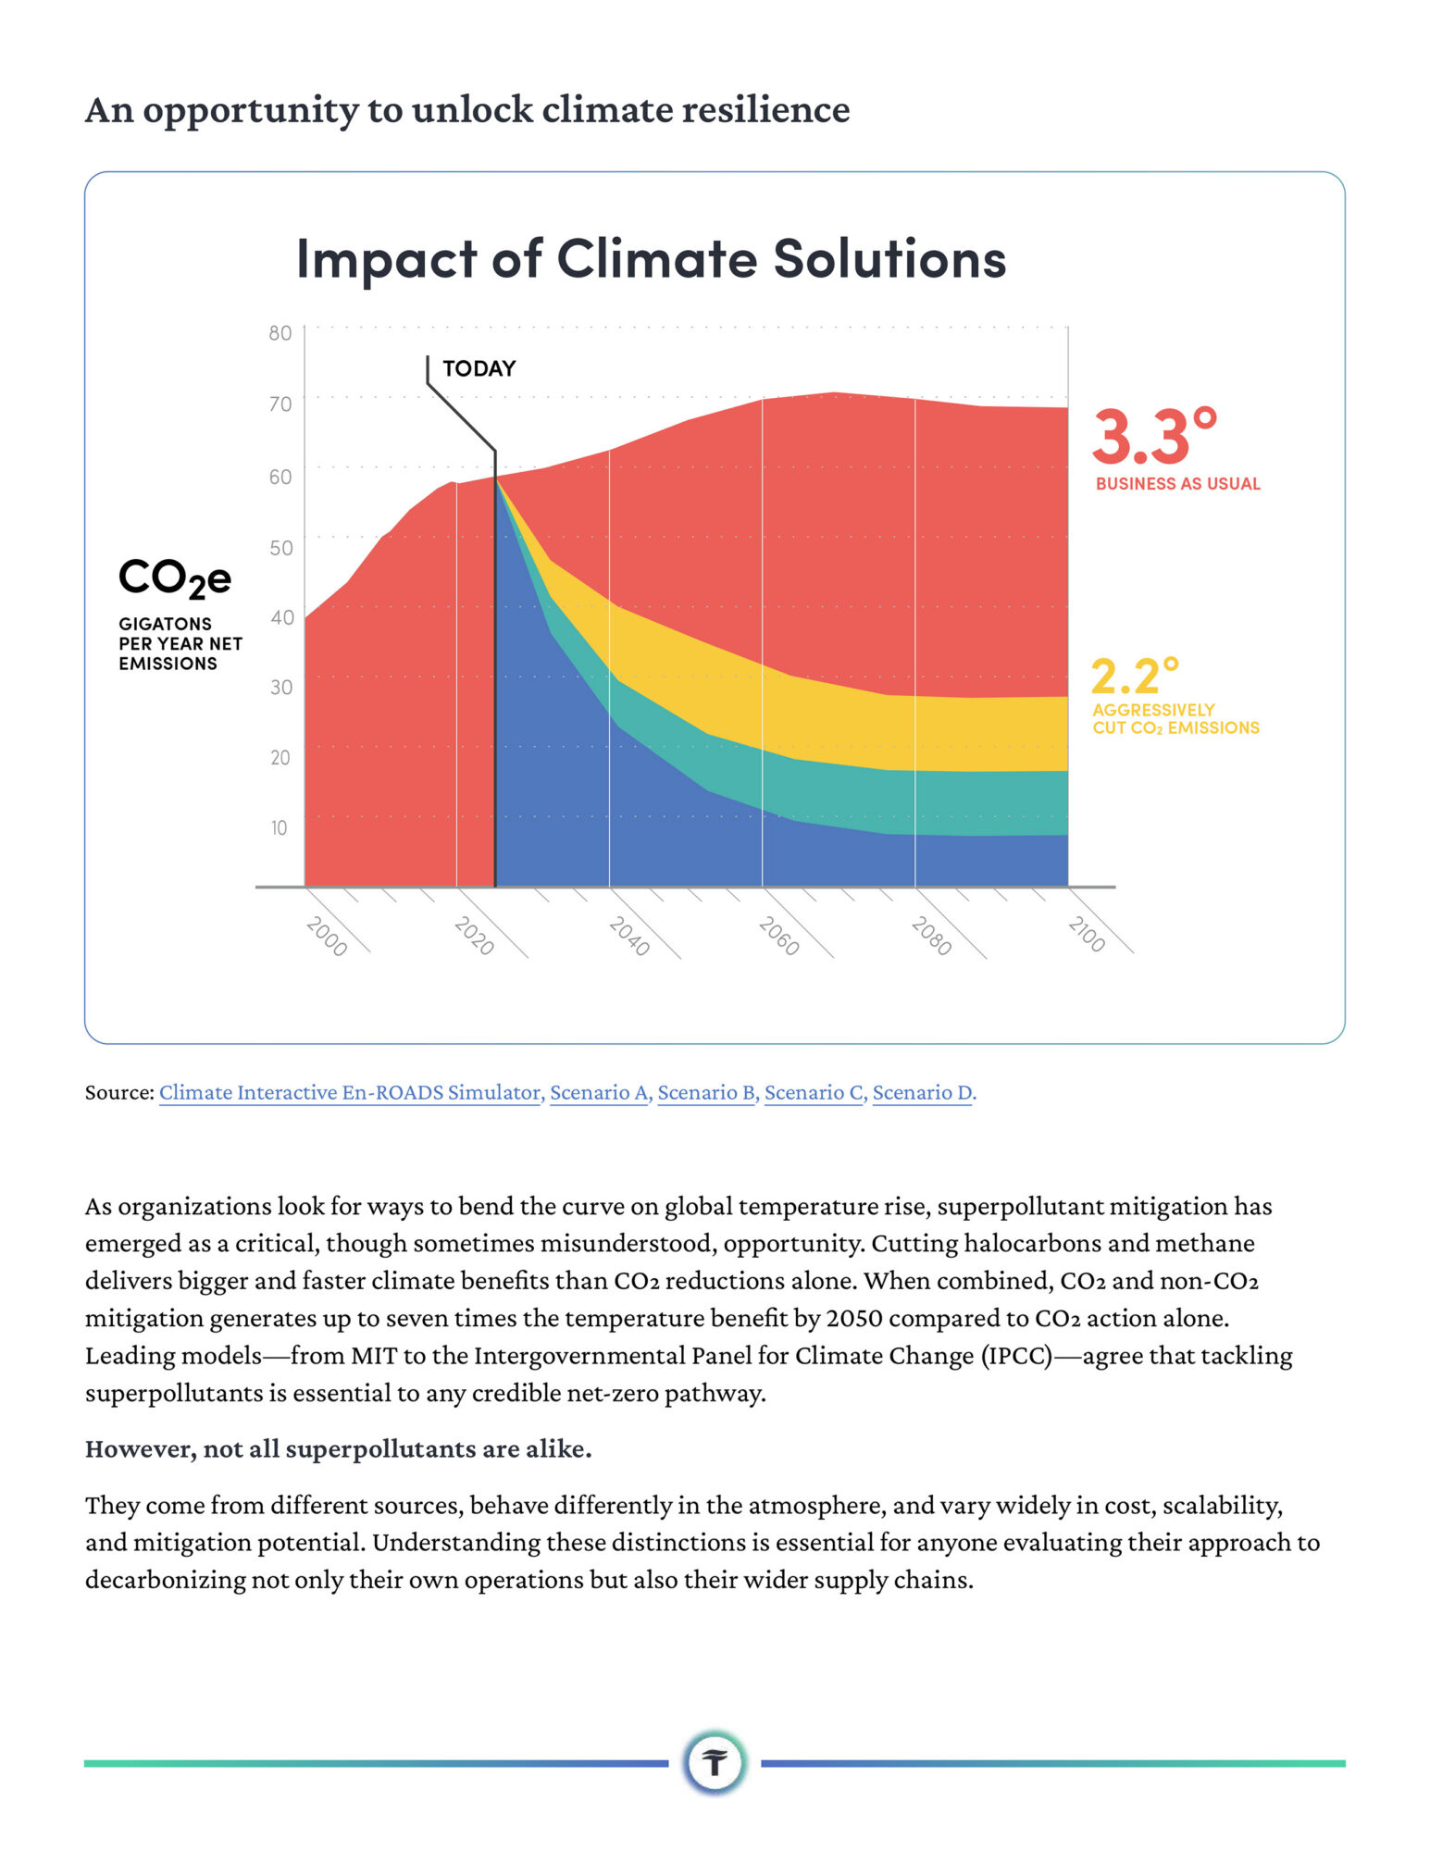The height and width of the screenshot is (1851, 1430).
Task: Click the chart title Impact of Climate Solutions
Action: [651, 258]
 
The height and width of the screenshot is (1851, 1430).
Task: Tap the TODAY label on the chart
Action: [479, 368]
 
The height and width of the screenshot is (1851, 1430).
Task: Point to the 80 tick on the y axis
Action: [280, 333]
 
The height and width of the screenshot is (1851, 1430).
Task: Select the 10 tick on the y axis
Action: [279, 827]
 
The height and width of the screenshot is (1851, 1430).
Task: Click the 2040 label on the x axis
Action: [629, 936]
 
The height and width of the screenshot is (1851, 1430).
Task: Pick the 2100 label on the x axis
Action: [1087, 934]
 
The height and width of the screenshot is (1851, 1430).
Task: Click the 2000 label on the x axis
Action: [327, 936]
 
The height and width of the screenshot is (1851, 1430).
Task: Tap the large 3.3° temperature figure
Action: [1154, 436]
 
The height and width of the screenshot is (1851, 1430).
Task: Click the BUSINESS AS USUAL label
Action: [1177, 483]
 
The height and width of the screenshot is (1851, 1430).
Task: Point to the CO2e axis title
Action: [175, 578]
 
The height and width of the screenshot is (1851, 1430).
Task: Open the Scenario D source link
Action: [924, 1092]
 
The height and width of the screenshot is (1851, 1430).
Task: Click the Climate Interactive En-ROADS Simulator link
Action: [351, 1092]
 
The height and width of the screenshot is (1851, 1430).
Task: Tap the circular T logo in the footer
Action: [715, 1762]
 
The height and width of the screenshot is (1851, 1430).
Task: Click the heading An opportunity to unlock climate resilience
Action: [467, 109]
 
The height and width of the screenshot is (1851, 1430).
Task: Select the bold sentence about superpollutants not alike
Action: [339, 1448]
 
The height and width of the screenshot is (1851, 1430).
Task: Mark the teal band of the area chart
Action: [833, 791]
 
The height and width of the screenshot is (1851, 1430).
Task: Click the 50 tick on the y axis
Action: [280, 547]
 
